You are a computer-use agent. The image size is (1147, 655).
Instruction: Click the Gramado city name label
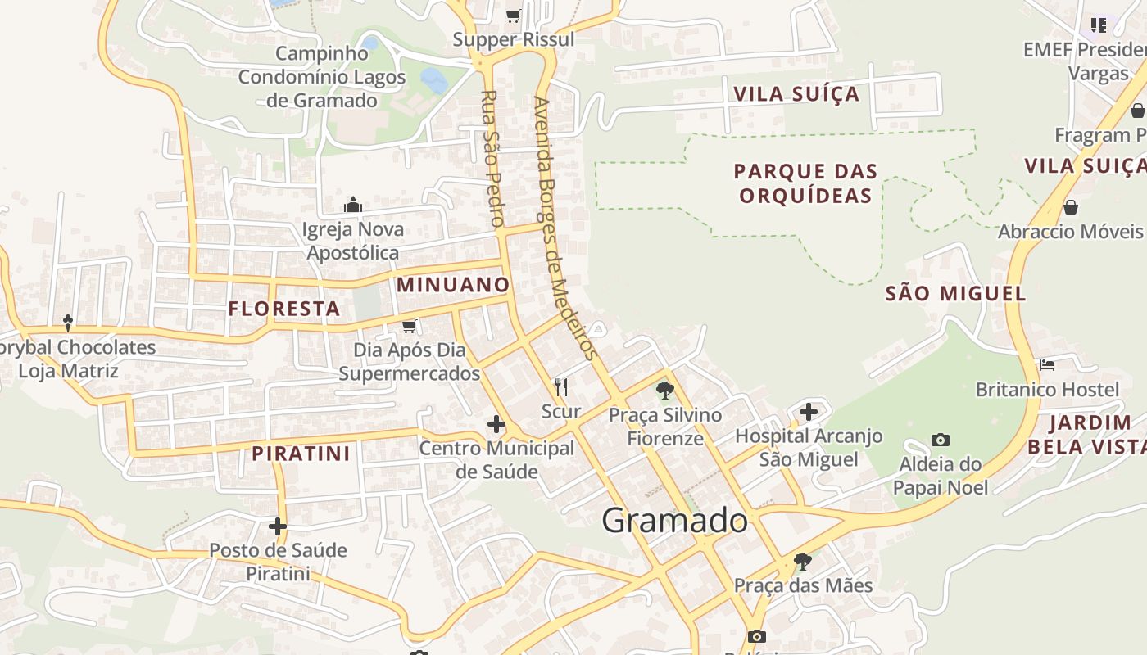click(674, 521)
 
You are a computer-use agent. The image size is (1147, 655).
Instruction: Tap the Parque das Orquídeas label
click(805, 183)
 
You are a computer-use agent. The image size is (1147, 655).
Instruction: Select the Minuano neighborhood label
click(453, 285)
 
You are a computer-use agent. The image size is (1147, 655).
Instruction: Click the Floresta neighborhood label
click(284, 309)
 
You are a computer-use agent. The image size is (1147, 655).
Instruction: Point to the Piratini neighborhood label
click(301, 454)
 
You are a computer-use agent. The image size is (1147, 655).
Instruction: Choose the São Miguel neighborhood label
click(955, 294)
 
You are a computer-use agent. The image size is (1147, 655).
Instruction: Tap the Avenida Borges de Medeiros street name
click(563, 228)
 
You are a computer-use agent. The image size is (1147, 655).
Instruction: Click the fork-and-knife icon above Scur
click(561, 386)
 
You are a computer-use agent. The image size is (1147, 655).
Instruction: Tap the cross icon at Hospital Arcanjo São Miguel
click(809, 412)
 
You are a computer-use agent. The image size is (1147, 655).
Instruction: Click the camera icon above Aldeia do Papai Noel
click(941, 440)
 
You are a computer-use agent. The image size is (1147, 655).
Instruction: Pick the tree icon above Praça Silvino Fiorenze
click(665, 391)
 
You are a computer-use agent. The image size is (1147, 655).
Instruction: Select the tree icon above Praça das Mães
click(803, 562)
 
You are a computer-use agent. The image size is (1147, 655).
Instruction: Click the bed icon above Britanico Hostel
click(1047, 364)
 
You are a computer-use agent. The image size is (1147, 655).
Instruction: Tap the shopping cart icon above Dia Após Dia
click(410, 326)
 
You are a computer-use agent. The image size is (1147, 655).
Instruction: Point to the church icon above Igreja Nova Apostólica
click(353, 204)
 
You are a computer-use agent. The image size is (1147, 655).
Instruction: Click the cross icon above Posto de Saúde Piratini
click(278, 526)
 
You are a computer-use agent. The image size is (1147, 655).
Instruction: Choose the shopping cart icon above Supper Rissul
click(514, 16)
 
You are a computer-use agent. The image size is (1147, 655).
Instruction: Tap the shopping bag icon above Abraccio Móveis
click(1070, 207)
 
